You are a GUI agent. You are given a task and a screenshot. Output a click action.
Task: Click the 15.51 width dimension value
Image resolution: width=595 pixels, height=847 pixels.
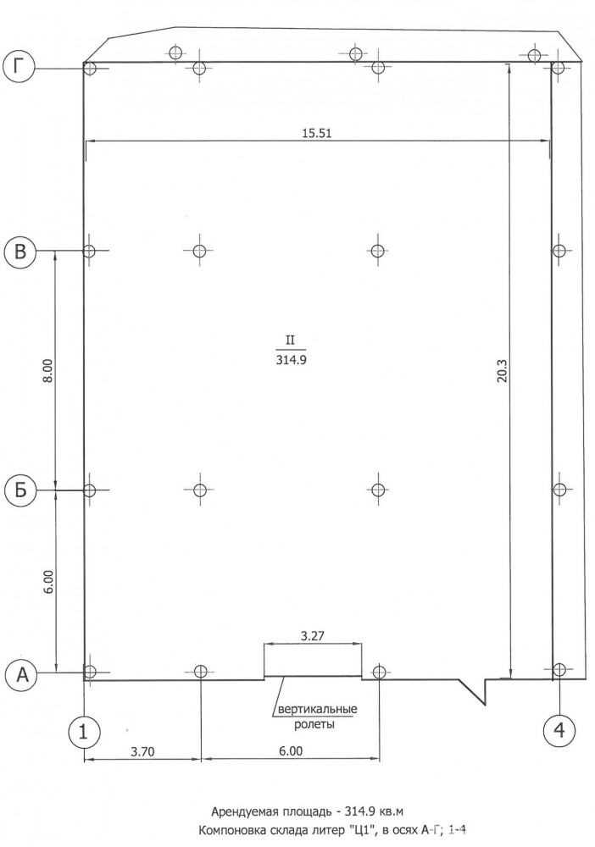[317, 134]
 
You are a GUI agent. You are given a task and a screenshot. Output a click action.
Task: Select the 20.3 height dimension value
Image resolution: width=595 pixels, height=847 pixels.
[502, 372]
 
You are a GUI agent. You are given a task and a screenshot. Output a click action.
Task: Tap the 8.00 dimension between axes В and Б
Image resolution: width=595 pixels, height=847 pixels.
[48, 371]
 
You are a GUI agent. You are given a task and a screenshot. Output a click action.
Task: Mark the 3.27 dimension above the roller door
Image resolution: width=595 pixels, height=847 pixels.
[313, 635]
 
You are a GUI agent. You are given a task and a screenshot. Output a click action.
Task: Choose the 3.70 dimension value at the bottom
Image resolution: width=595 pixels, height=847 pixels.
[143, 750]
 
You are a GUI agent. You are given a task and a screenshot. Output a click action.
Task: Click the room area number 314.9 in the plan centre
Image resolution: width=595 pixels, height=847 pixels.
[292, 360]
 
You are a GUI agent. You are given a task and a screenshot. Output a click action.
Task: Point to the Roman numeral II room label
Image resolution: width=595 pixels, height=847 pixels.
[291, 340]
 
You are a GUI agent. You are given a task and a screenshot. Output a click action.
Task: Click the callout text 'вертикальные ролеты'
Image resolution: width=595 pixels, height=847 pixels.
[317, 716]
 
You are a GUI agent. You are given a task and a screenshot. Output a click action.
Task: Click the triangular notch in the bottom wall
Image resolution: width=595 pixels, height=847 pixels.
[475, 690]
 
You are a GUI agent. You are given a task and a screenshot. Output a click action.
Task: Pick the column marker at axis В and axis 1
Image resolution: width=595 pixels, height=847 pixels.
[90, 251]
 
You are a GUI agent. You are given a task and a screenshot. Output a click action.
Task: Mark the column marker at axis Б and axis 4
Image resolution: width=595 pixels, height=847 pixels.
[559, 490]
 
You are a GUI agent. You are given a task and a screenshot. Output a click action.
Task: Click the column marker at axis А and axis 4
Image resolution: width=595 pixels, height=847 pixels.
[559, 669]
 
